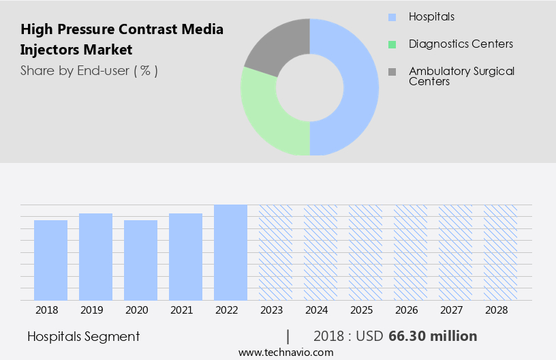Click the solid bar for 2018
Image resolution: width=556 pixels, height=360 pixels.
(x=50, y=260)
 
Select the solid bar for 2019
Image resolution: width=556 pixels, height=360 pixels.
(x=95, y=256)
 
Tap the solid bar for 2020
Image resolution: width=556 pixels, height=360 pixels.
(x=140, y=260)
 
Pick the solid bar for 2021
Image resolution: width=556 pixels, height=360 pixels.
(x=185, y=256)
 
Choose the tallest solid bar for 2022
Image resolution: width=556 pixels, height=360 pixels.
(x=230, y=252)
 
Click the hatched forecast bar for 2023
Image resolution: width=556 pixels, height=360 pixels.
(x=275, y=252)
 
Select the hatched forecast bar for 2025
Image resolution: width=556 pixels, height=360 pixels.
(x=365, y=252)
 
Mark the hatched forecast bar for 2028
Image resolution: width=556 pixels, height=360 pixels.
(x=500, y=252)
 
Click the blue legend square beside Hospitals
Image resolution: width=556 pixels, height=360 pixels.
(x=391, y=16)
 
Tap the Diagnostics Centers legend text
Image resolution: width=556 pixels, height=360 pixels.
(x=461, y=44)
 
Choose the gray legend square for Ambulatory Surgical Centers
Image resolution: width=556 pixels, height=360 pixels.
(x=391, y=72)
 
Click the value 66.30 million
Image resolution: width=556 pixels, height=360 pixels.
(x=433, y=336)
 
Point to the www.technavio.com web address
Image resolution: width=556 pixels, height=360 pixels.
(x=286, y=352)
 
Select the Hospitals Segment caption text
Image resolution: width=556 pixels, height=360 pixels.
(x=84, y=336)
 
